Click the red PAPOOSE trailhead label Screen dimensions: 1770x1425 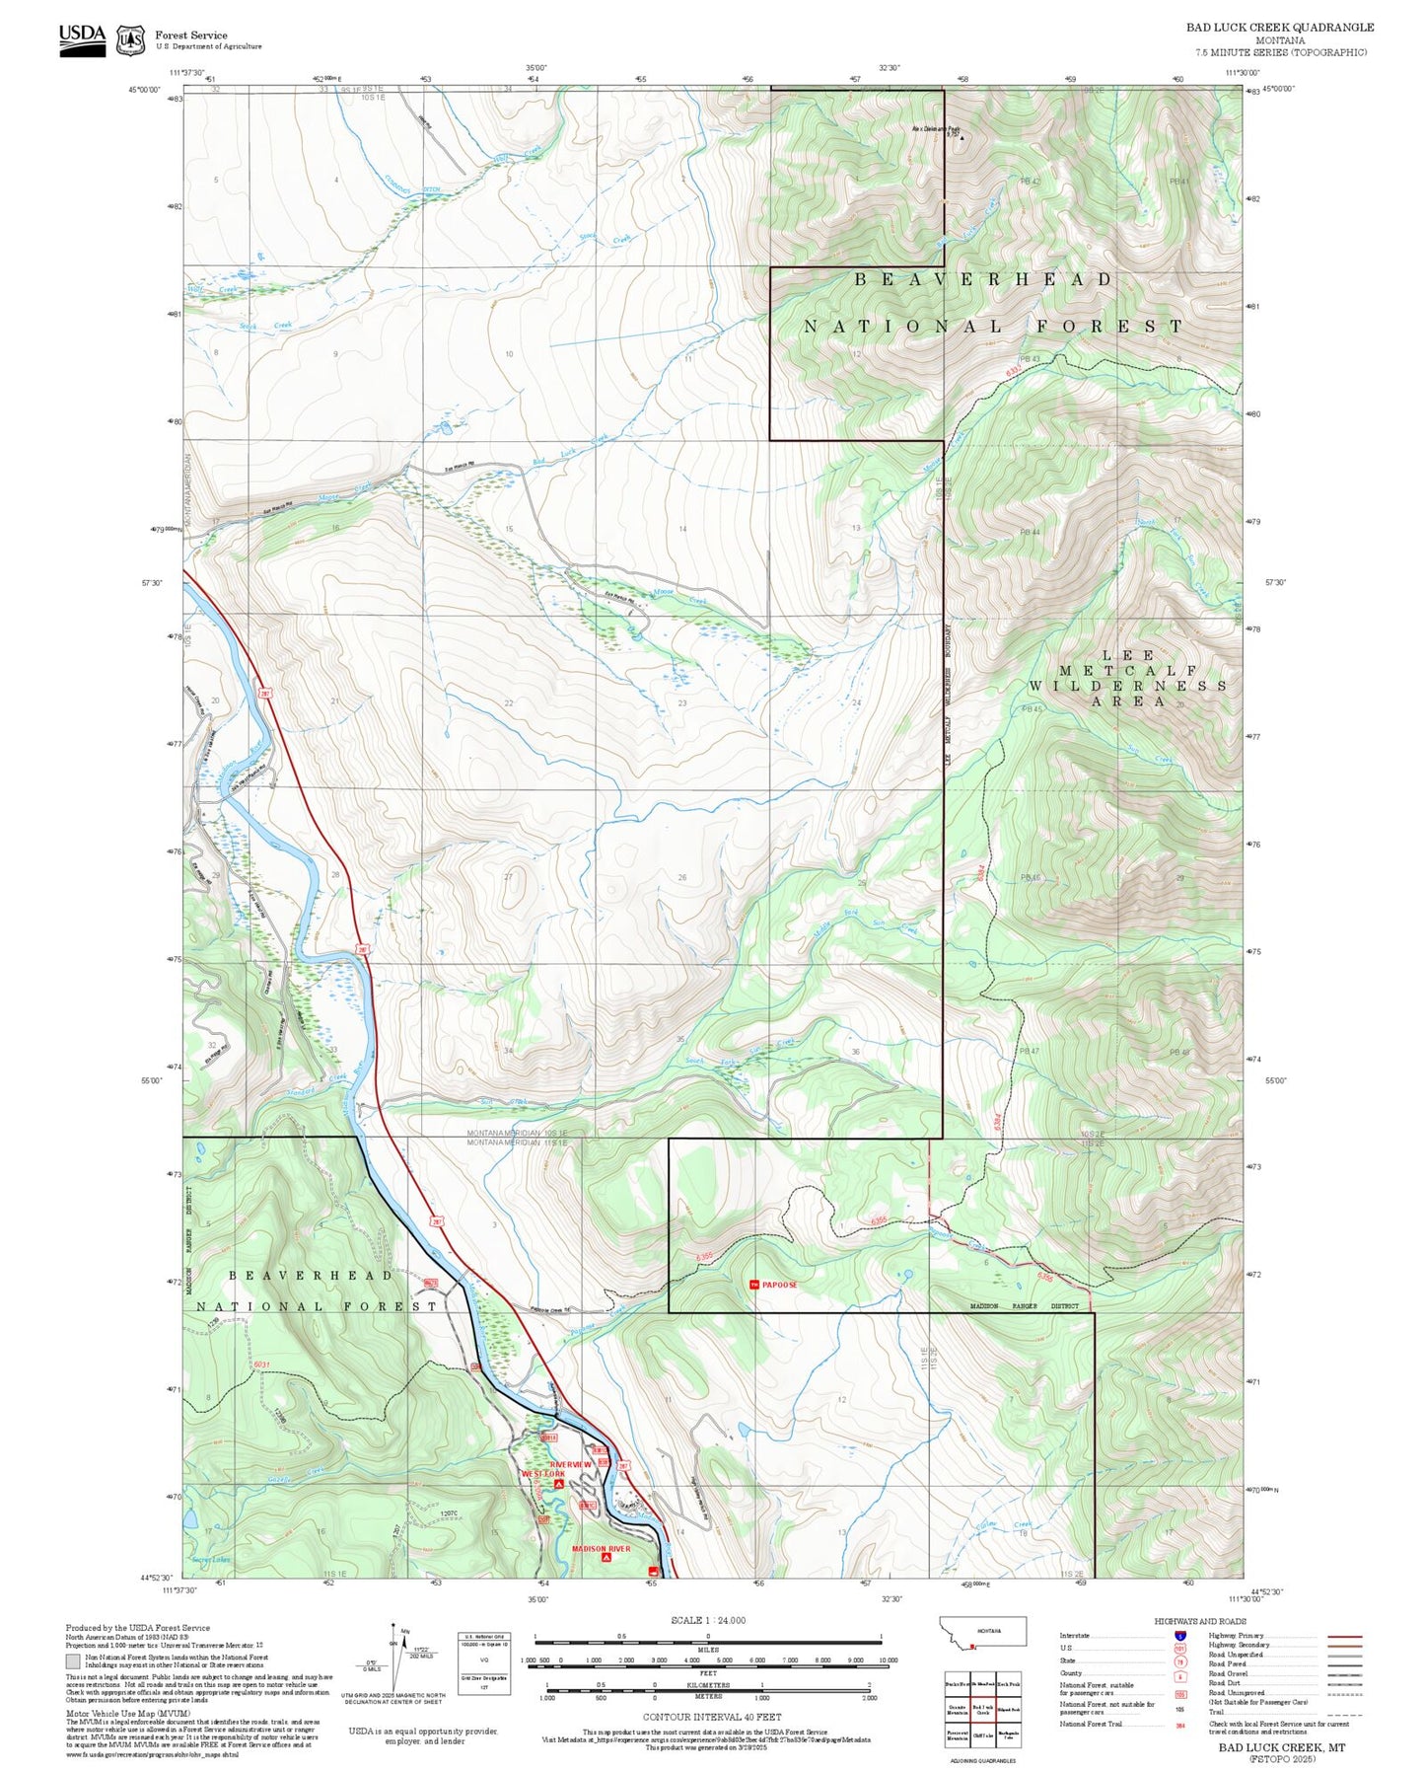779,1285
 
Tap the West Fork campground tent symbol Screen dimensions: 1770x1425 558,1484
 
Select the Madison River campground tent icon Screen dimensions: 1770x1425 606,1559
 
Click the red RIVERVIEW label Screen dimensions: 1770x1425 571,1464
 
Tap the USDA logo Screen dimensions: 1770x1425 82,38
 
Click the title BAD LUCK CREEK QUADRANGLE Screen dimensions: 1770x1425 1279,28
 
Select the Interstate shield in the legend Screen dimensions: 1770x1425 1179,1635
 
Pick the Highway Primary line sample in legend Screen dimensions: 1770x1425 1344,1636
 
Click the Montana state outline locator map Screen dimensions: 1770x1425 982,1631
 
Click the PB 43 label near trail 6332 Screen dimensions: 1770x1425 1030,358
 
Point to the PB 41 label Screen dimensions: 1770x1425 1179,182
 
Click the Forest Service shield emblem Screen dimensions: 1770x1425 130,39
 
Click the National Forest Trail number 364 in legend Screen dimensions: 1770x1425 1179,1725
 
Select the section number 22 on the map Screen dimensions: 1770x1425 509,703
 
